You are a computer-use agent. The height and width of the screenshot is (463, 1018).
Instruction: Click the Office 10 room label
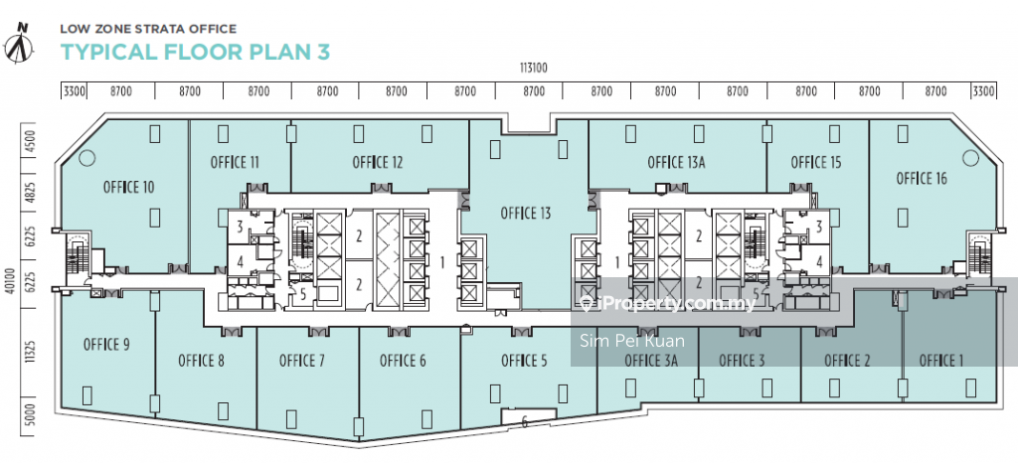[x=128, y=188]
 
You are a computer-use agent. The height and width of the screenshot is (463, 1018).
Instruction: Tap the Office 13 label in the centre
[x=526, y=213]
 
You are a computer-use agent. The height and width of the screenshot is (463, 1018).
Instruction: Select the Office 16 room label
[x=922, y=178]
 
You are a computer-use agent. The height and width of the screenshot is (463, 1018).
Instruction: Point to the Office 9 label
[x=106, y=345]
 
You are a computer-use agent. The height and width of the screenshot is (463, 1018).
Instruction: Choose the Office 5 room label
[x=524, y=360]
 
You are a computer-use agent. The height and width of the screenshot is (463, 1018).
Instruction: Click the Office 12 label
[x=377, y=162]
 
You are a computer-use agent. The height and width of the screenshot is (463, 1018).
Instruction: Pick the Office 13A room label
[x=676, y=162]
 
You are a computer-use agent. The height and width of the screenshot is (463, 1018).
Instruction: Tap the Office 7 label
[x=302, y=360]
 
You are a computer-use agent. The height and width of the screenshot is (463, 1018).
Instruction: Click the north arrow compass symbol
[x=20, y=44]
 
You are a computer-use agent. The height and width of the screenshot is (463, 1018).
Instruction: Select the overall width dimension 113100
[x=534, y=67]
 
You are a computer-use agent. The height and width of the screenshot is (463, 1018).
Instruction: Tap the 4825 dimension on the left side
[x=30, y=193]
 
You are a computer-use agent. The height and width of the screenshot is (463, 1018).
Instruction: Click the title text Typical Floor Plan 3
[x=196, y=52]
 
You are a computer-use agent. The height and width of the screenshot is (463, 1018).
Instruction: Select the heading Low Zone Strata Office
[x=148, y=29]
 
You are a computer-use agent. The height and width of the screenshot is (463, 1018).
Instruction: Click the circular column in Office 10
[x=87, y=158]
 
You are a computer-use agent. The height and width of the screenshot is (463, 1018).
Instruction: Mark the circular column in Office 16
[x=970, y=158]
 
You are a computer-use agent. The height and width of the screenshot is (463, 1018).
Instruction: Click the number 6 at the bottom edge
[x=525, y=423]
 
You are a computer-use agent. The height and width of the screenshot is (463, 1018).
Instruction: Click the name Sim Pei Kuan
[x=631, y=341]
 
